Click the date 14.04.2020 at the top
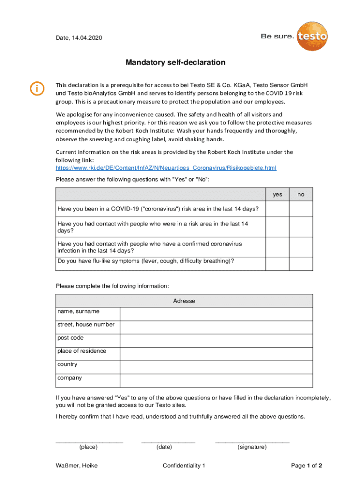tap(87, 37)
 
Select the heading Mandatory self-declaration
tap(175, 63)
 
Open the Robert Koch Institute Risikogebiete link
tap(166, 167)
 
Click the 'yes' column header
tap(278, 195)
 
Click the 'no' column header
tap(301, 195)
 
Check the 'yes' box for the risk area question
tap(278, 209)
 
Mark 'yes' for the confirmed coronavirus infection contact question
tap(278, 247)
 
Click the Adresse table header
tap(184, 301)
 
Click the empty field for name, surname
tap(216, 314)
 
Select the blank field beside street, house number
tap(216, 327)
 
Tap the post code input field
tap(216, 341)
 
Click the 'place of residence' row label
tap(82, 351)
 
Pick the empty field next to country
tap(216, 367)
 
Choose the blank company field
tap(216, 380)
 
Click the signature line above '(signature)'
tap(252, 441)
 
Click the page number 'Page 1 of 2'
tap(306, 465)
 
